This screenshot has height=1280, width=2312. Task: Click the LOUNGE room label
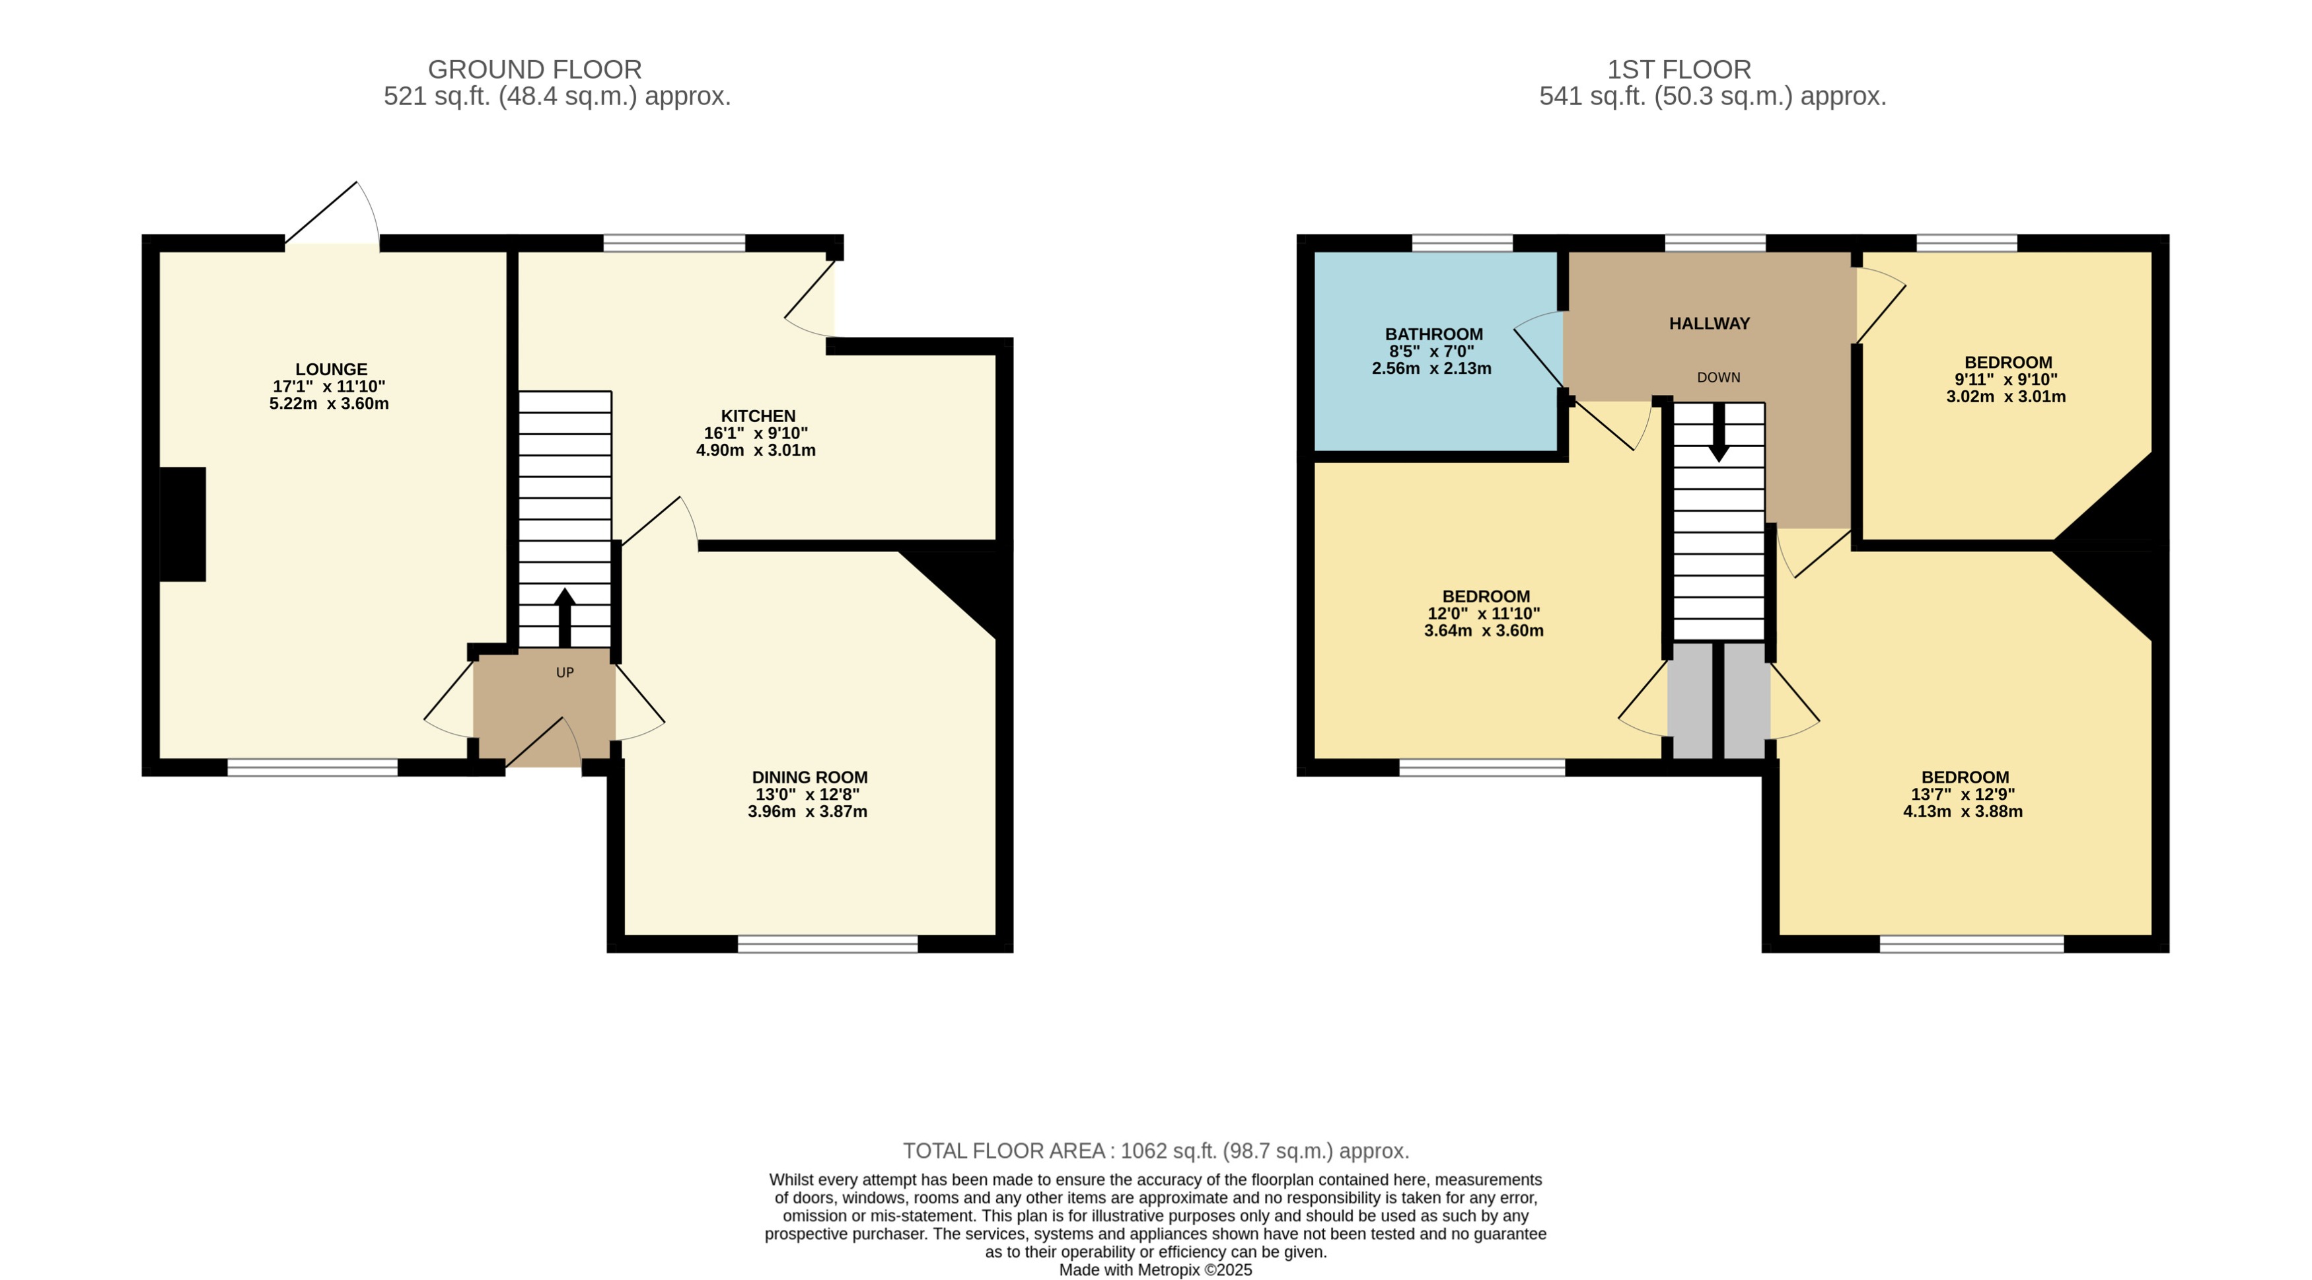coord(331,369)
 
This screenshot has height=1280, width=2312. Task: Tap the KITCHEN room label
coord(758,415)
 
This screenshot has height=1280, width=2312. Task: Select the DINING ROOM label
coord(809,777)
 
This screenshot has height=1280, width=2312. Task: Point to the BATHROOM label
coord(1433,334)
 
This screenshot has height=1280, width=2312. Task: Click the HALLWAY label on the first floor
coord(1709,323)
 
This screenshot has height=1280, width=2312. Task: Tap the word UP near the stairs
coord(565,672)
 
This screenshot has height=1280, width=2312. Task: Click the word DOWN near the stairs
coord(1718,378)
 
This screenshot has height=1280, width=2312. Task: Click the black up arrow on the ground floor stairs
coord(565,616)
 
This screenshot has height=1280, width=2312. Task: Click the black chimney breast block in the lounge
coord(183,524)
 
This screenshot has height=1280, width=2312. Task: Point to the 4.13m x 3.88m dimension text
coord(1962,812)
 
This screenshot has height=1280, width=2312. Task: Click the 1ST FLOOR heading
coord(1679,69)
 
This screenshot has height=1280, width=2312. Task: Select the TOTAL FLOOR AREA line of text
coord(1155,1151)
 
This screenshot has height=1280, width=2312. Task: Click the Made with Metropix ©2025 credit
coord(1155,1270)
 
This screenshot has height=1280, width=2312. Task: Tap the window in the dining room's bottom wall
coord(828,943)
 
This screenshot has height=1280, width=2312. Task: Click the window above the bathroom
coord(1462,242)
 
